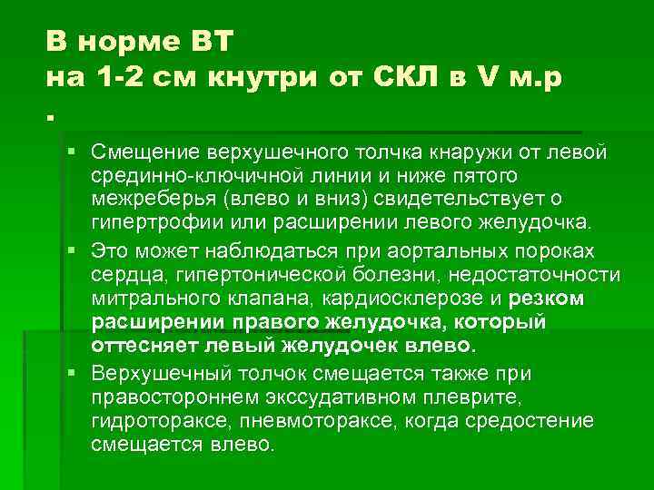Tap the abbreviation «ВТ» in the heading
(x=211, y=42)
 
